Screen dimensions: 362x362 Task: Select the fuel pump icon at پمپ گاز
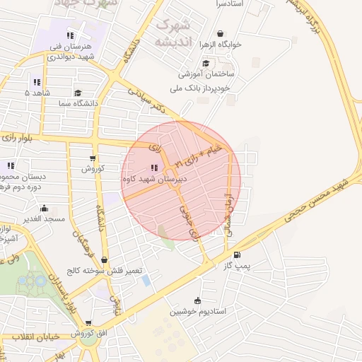pyautogui.click(x=236, y=255)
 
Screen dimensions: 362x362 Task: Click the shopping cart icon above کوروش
pyautogui.click(x=93, y=158)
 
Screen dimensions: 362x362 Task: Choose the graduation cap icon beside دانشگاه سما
pyautogui.click(x=77, y=93)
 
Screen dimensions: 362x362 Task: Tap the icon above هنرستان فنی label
pyautogui.click(x=69, y=35)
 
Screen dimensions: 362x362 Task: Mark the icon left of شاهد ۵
pyautogui.click(x=36, y=82)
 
